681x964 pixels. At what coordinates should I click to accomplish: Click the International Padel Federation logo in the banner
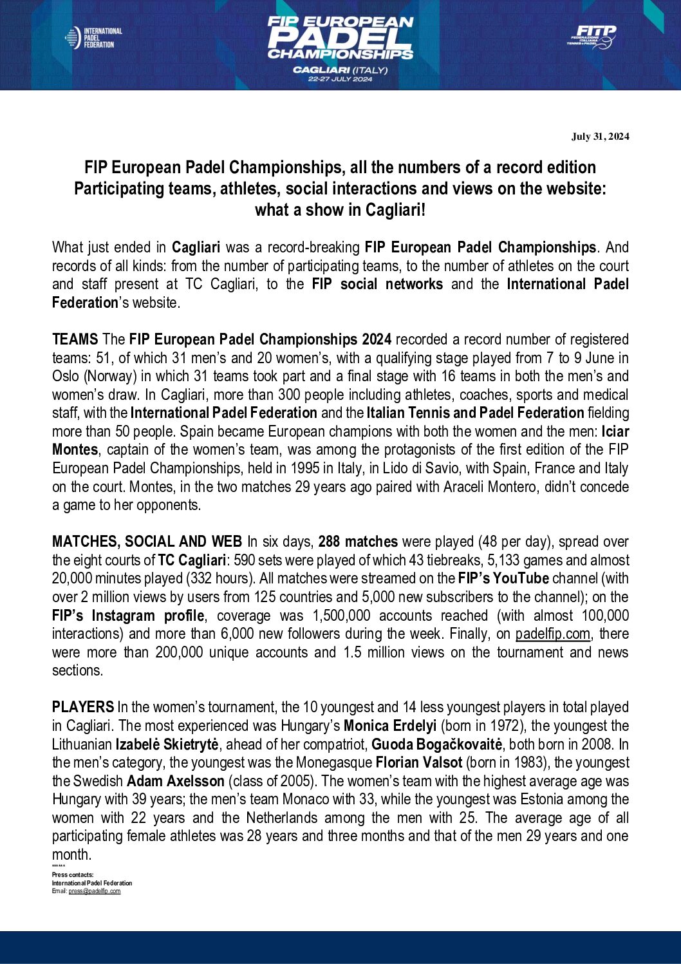pos(93,38)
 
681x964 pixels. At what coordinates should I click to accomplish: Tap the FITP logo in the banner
pos(592,37)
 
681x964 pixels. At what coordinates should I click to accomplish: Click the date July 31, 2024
pos(600,137)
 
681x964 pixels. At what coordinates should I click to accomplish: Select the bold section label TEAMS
pos(75,339)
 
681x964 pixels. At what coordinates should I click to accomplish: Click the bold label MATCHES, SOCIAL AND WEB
pos(147,542)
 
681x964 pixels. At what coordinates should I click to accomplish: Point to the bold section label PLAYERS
pos(82,707)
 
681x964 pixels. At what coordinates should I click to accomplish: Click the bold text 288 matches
pos(358,542)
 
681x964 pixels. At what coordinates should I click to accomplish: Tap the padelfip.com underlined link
pos(552,634)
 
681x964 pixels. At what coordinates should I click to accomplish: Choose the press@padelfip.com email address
pos(95,891)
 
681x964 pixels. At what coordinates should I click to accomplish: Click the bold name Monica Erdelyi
pos(389,726)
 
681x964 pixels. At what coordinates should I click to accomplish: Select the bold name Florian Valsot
pos(418,762)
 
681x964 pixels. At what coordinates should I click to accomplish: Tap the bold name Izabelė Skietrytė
pos(167,744)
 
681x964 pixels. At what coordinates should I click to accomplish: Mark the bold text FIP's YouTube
pos(503,578)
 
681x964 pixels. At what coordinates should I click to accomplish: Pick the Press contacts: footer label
pos(73,875)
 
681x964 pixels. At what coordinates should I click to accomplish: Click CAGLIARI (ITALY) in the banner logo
pos(340,70)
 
